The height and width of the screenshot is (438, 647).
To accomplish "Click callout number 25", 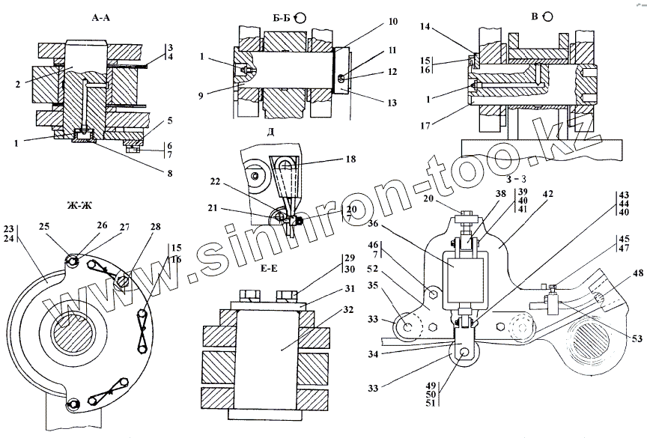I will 65,226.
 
